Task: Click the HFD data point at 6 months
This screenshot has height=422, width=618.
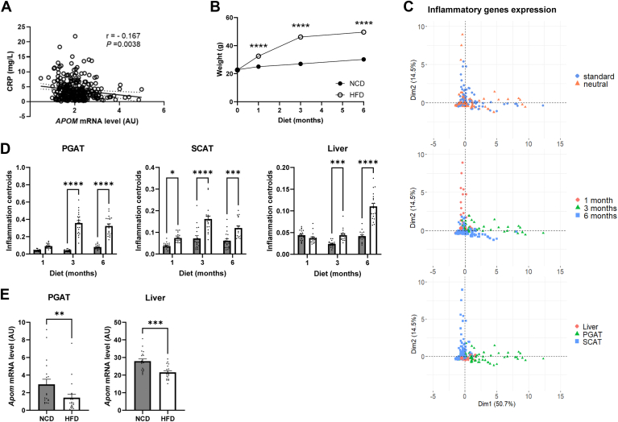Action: pos(363,32)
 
